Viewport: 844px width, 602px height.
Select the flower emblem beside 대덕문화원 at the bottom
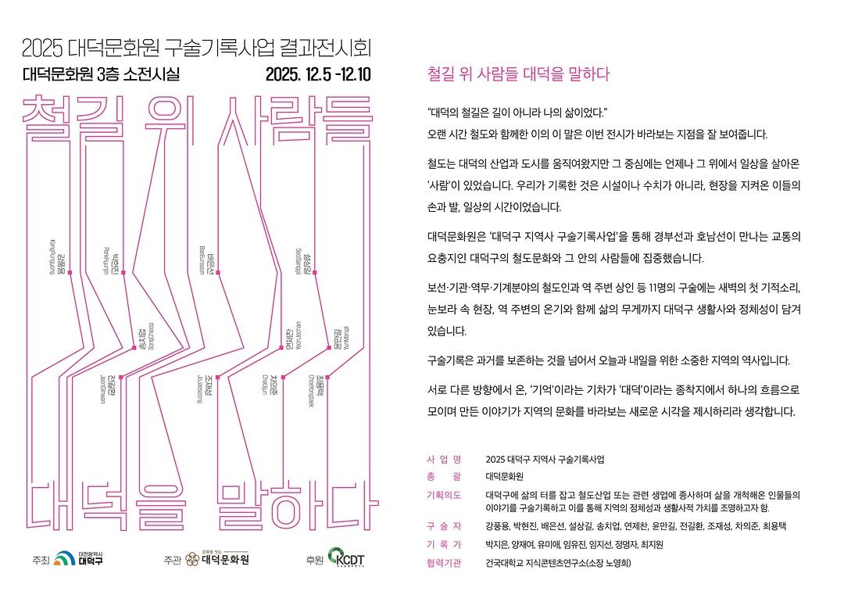pyautogui.click(x=192, y=559)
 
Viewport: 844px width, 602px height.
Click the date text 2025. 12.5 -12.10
pyautogui.click(x=318, y=76)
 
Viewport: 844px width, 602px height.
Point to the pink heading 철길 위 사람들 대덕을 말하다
pyautogui.click(x=518, y=75)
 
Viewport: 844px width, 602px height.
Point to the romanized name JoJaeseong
pyautogui.click(x=201, y=385)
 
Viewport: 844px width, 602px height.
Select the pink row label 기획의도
pyautogui.click(x=444, y=496)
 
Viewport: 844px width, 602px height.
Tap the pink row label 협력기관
pyautogui.click(x=444, y=563)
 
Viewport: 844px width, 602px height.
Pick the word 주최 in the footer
pyautogui.click(x=41, y=560)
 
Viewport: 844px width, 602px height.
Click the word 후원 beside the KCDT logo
pyautogui.click(x=315, y=560)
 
